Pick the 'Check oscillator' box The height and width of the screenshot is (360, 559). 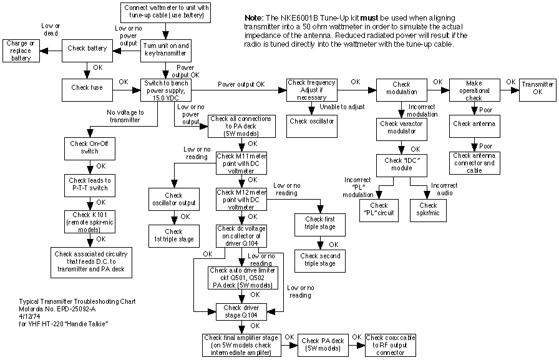click(311, 120)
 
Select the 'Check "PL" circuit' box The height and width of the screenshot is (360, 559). click(379, 210)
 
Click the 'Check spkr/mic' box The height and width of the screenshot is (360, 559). click(428, 210)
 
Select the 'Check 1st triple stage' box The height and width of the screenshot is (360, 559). click(173, 235)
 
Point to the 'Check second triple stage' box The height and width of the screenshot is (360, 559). click(320, 260)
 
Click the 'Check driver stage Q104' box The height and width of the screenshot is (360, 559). click(241, 311)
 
